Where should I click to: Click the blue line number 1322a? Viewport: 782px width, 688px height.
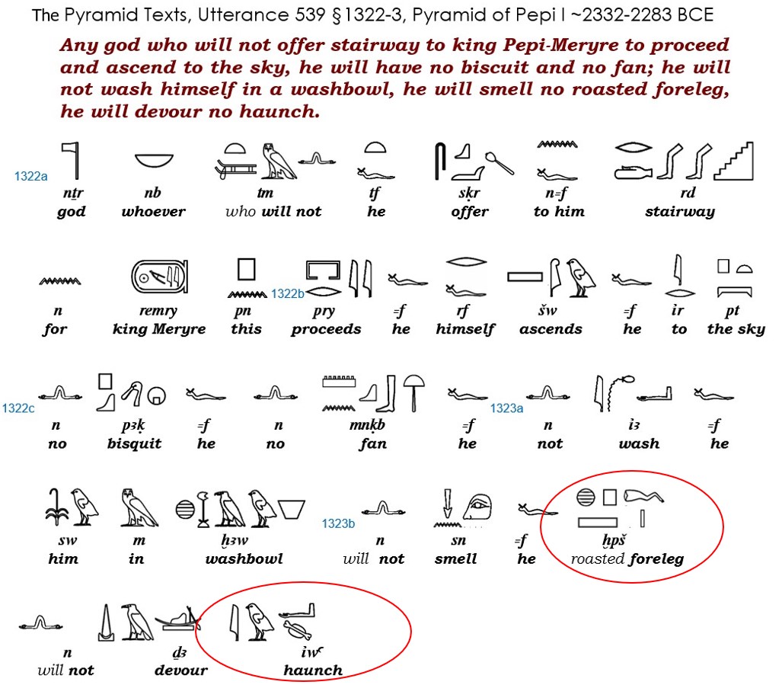[31, 176]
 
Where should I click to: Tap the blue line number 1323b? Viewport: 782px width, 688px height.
[338, 523]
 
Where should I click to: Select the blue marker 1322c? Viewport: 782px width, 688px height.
[18, 408]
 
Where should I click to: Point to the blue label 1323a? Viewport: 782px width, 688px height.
[506, 408]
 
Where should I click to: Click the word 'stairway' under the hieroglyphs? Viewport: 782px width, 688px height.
[680, 212]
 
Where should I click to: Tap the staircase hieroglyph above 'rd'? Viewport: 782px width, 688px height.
[733, 161]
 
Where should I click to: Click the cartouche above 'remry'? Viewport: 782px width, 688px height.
[160, 277]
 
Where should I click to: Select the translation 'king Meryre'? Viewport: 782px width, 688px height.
[159, 329]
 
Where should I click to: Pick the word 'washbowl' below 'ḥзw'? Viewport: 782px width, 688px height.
[244, 558]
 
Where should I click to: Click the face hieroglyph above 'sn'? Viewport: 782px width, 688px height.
[477, 507]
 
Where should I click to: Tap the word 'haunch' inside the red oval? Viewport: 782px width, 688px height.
[313, 670]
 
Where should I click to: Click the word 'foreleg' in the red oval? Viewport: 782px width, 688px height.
[656, 558]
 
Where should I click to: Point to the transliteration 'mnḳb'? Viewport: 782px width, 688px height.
[367, 425]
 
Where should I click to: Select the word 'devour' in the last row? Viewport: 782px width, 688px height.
[181, 670]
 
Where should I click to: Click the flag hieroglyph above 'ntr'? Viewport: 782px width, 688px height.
[72, 160]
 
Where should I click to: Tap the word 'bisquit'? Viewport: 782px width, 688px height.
[135, 443]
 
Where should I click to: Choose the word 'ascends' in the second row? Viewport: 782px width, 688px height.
[551, 329]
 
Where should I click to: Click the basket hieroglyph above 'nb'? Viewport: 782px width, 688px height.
[154, 161]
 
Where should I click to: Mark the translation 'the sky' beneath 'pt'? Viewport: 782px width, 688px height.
[736, 329]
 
